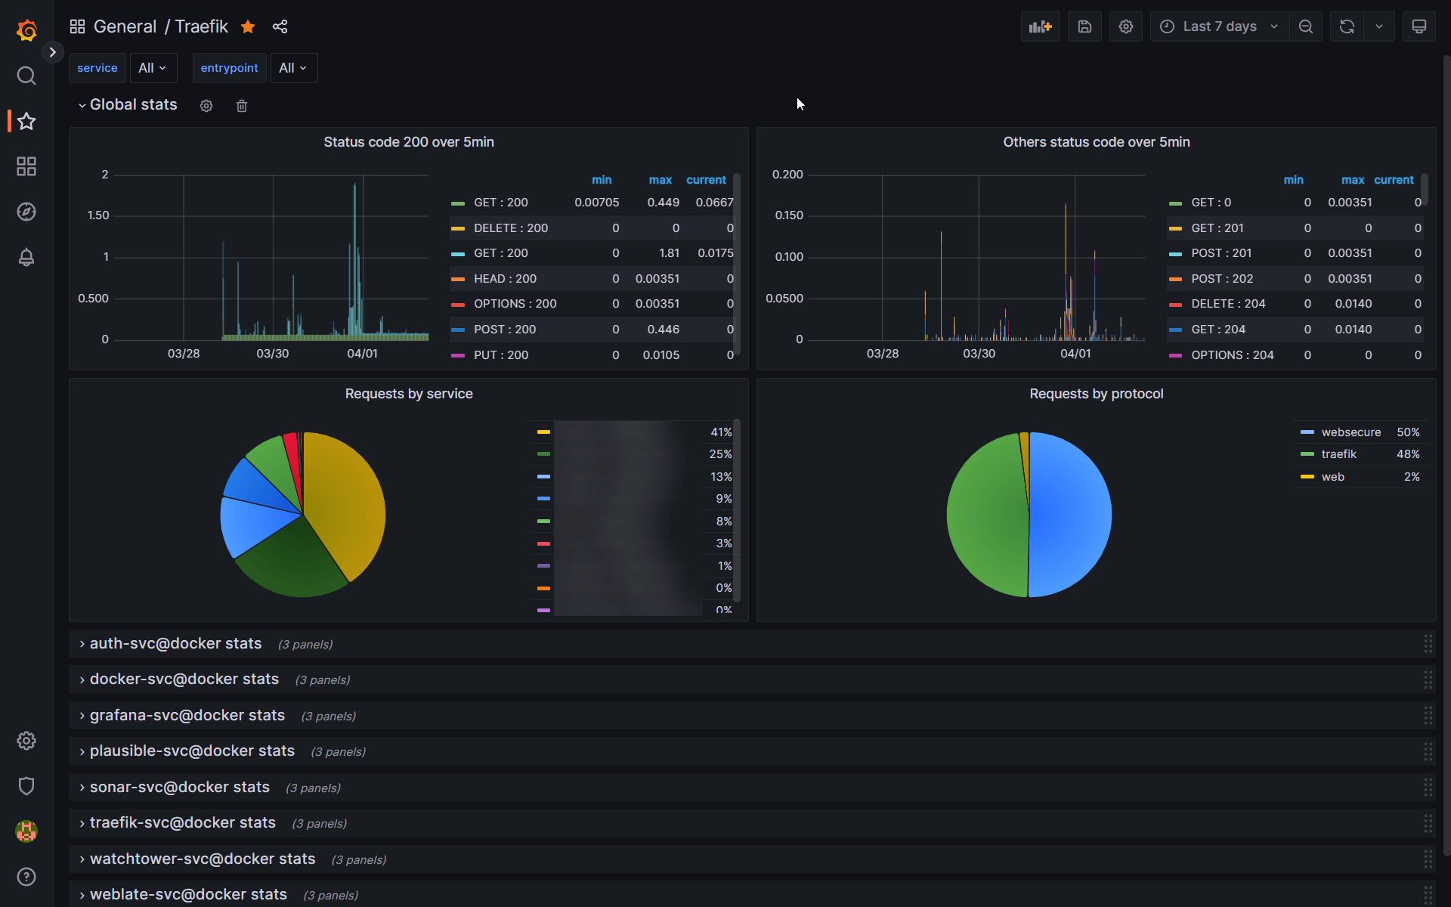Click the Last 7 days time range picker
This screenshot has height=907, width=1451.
click(x=1219, y=26)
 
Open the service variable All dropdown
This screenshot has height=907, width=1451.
click(x=153, y=68)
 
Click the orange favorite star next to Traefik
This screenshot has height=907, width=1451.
click(x=248, y=27)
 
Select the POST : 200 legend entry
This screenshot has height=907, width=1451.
click(x=504, y=330)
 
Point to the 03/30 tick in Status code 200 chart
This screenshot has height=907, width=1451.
click(x=272, y=354)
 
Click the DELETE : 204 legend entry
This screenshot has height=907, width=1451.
click(x=1227, y=304)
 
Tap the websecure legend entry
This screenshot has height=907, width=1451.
click(x=1350, y=432)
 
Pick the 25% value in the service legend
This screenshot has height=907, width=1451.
click(x=719, y=454)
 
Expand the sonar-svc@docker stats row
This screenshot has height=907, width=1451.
click(x=179, y=787)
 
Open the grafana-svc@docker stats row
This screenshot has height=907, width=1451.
click(x=187, y=715)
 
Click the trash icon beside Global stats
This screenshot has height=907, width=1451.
click(x=242, y=106)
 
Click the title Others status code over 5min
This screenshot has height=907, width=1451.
click(x=1096, y=142)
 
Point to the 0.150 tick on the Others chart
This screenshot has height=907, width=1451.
click(x=788, y=215)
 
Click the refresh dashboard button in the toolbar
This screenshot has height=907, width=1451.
click(x=1347, y=26)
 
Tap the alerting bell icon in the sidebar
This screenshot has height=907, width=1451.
click(x=26, y=257)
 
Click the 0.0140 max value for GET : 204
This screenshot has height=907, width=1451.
click(x=1353, y=330)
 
